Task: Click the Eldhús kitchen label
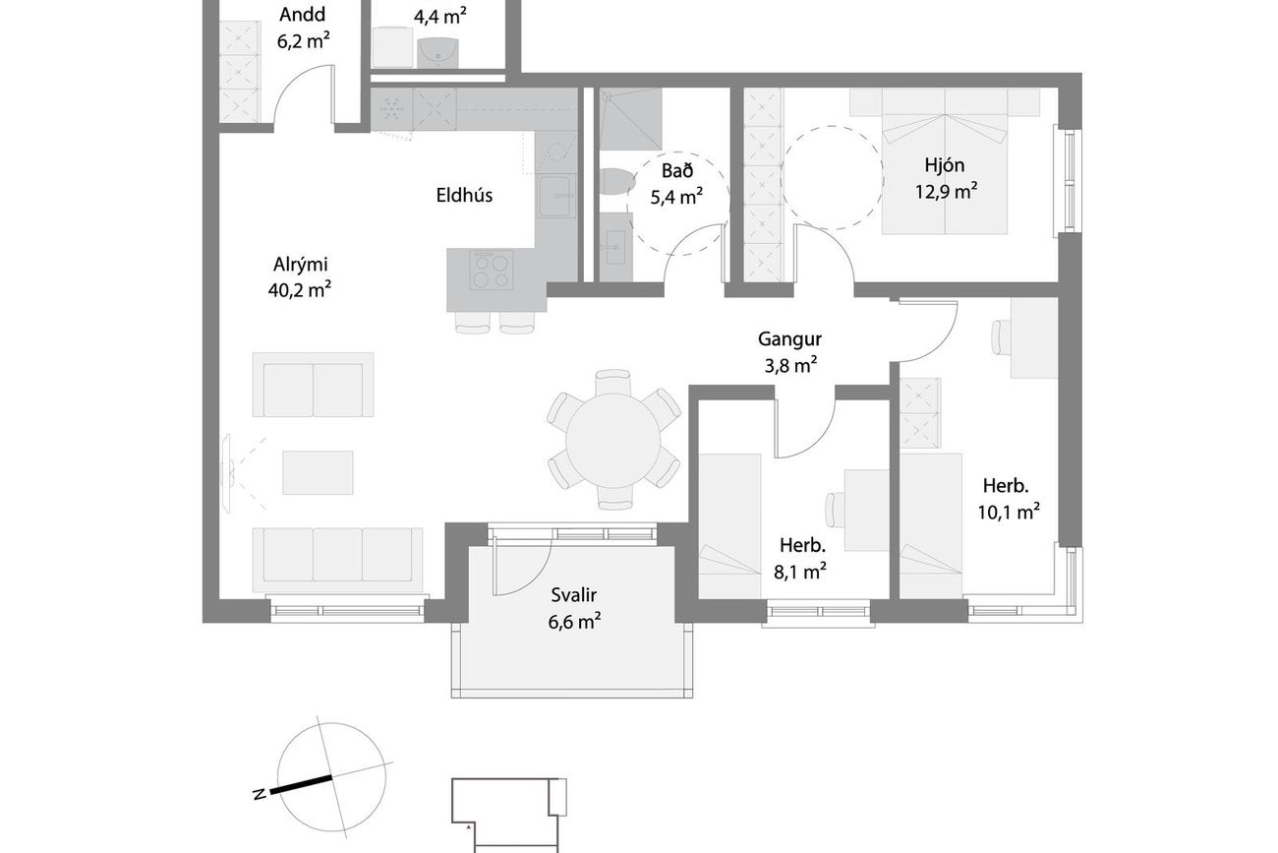click(464, 195)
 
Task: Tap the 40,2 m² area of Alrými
click(300, 290)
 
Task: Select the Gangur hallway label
click(789, 339)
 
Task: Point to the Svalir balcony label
click(573, 595)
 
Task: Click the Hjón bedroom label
click(944, 165)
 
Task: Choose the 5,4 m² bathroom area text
click(676, 197)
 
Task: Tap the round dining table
click(613, 440)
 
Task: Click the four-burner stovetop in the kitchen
click(492, 270)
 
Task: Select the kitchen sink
click(555, 196)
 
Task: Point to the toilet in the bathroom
click(616, 182)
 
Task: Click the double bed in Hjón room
click(944, 161)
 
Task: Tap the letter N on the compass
click(260, 794)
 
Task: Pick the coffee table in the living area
click(318, 473)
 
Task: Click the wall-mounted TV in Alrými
click(226, 473)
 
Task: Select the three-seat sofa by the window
click(338, 561)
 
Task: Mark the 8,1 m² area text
click(800, 571)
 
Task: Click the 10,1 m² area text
click(1008, 512)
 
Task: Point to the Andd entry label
click(302, 15)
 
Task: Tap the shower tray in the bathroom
click(630, 119)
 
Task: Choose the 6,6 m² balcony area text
click(574, 621)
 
